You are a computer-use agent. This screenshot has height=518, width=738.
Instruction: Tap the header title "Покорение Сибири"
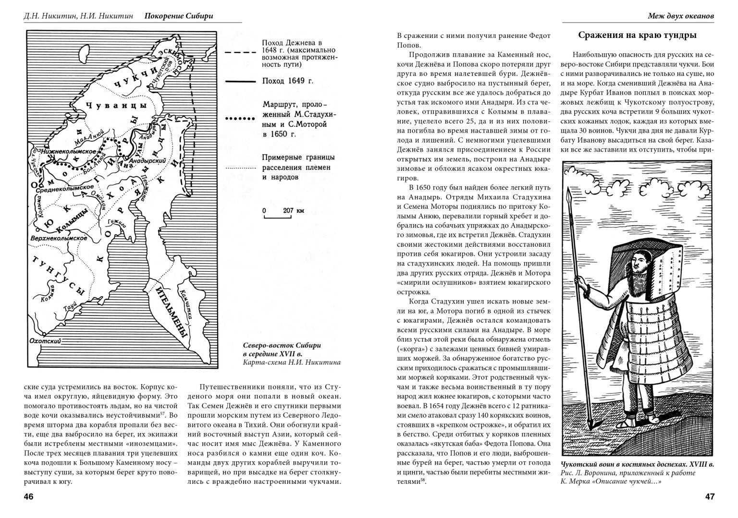coord(178,16)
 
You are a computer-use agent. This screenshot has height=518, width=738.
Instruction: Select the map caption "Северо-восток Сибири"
coord(282,346)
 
